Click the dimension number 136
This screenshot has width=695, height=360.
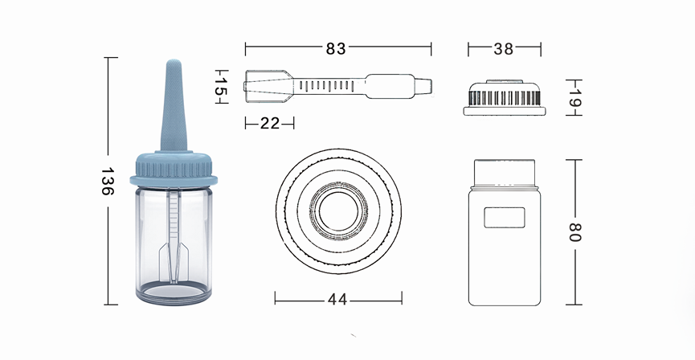point(108,181)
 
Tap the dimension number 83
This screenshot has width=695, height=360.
point(336,49)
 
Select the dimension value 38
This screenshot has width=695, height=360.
point(504,49)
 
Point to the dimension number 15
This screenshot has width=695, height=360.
point(221,87)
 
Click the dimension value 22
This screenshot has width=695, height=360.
point(270,123)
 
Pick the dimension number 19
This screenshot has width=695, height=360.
point(575,97)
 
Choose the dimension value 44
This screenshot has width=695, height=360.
point(337,300)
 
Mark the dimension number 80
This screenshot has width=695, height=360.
point(575,232)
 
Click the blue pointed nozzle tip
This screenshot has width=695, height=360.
point(174,106)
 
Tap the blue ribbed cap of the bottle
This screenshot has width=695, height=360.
point(174,169)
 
